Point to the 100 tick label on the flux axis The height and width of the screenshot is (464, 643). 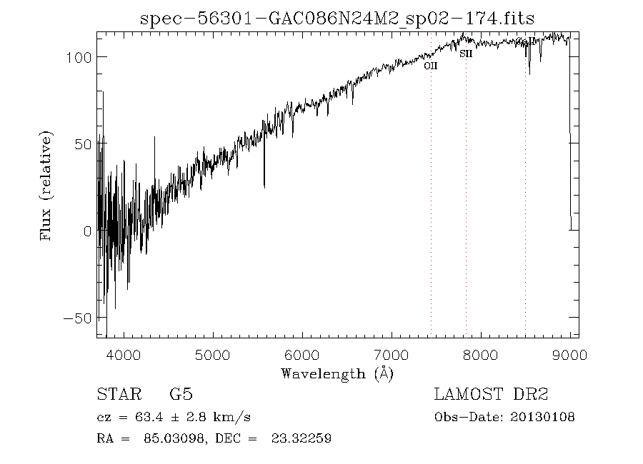click(77, 57)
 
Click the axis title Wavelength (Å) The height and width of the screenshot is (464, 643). click(337, 373)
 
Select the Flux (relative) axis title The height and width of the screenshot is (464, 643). click(47, 186)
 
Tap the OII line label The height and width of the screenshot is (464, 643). click(430, 66)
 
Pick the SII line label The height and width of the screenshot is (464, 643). click(466, 53)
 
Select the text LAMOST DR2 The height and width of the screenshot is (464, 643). click(491, 395)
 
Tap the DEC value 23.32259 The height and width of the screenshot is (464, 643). click(300, 438)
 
